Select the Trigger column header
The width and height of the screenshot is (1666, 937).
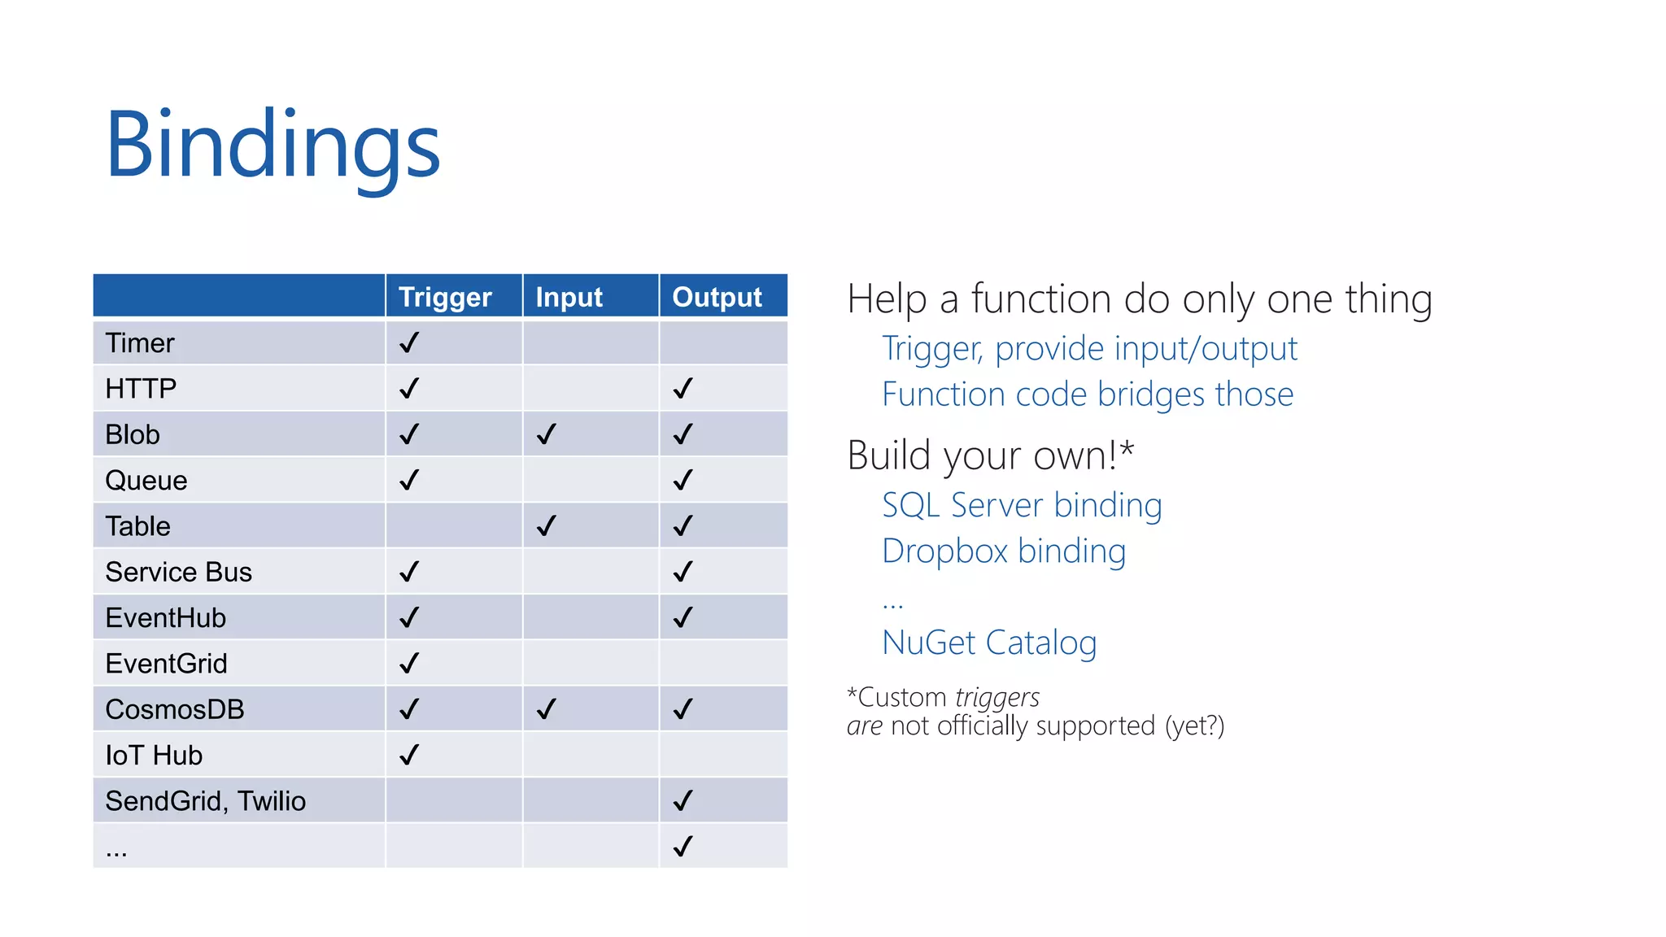click(x=445, y=297)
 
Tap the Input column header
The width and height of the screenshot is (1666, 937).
click(x=569, y=297)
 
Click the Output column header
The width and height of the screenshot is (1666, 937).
click(x=717, y=297)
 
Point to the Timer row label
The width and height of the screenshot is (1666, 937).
click(x=140, y=343)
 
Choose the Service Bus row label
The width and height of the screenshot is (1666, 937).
click(x=178, y=573)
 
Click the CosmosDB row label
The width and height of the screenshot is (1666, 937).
click(x=175, y=709)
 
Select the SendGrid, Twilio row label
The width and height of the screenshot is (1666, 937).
click(x=205, y=801)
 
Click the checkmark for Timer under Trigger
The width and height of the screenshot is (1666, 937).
click(x=409, y=342)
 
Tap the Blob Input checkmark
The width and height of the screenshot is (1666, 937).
click(x=547, y=434)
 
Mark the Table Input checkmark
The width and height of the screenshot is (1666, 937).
click(x=547, y=525)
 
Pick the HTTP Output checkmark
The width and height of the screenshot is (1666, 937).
click(x=683, y=388)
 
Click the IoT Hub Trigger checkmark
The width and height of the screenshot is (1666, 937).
click(x=409, y=755)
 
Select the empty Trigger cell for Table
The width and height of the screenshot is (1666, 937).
click(x=453, y=526)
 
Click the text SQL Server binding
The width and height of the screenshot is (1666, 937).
click(x=1022, y=505)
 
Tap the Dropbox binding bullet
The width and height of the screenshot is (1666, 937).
click(x=1004, y=551)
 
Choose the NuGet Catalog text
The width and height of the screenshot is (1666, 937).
click(x=989, y=643)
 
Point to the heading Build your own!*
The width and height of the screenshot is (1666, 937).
click(x=990, y=455)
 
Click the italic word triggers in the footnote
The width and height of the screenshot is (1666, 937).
click(x=997, y=698)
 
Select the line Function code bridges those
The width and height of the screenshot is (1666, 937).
click(x=1088, y=394)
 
